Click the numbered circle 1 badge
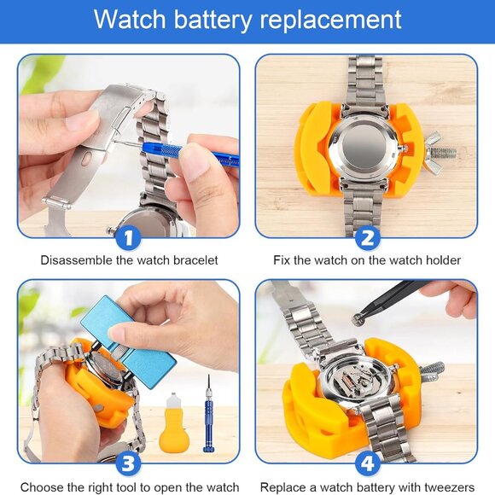tap(128, 237)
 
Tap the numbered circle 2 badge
tap(367, 237)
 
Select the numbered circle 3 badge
tap(128, 463)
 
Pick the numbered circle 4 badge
tap(367, 463)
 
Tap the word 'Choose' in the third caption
tap(40, 486)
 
